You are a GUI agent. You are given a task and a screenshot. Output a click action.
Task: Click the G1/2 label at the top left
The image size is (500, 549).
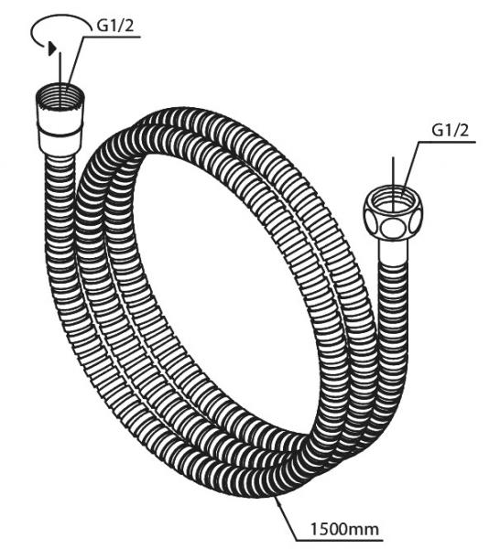click(115, 25)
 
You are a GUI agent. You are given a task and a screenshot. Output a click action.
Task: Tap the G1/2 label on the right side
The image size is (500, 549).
click(451, 131)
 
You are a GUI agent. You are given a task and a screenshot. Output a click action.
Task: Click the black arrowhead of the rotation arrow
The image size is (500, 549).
click(52, 48)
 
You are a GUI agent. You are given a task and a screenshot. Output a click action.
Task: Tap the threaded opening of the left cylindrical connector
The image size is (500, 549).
click(60, 93)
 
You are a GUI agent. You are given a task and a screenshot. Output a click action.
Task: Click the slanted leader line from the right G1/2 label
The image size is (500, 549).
click(410, 170)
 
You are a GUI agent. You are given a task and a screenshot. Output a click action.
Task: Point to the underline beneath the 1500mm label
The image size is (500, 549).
click(339, 539)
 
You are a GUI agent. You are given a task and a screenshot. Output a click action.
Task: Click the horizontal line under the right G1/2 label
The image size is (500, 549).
click(447, 142)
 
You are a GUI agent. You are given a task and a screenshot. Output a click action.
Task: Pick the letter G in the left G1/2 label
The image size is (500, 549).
click(102, 26)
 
